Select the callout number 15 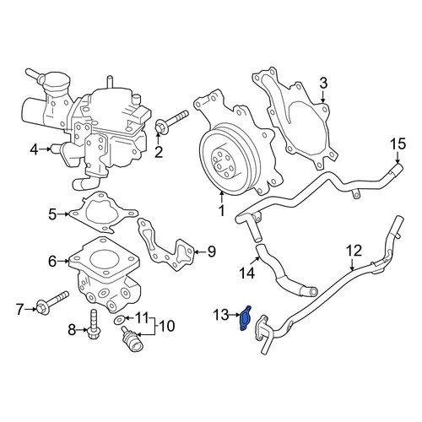tap(398, 144)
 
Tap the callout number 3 tap(323, 84)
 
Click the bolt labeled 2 tap(170, 122)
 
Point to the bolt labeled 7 tap(51, 303)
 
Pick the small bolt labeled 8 tap(94, 324)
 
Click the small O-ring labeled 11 tap(121, 319)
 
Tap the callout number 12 tap(354, 251)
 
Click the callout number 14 tap(247, 273)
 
